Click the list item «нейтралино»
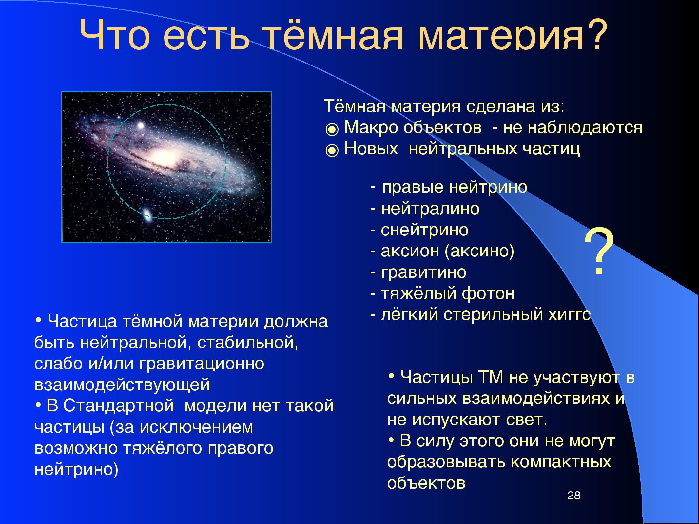(430, 209)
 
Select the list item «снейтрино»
(424, 230)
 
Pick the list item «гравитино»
(423, 272)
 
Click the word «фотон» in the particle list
(488, 293)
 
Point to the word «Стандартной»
(118, 406)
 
